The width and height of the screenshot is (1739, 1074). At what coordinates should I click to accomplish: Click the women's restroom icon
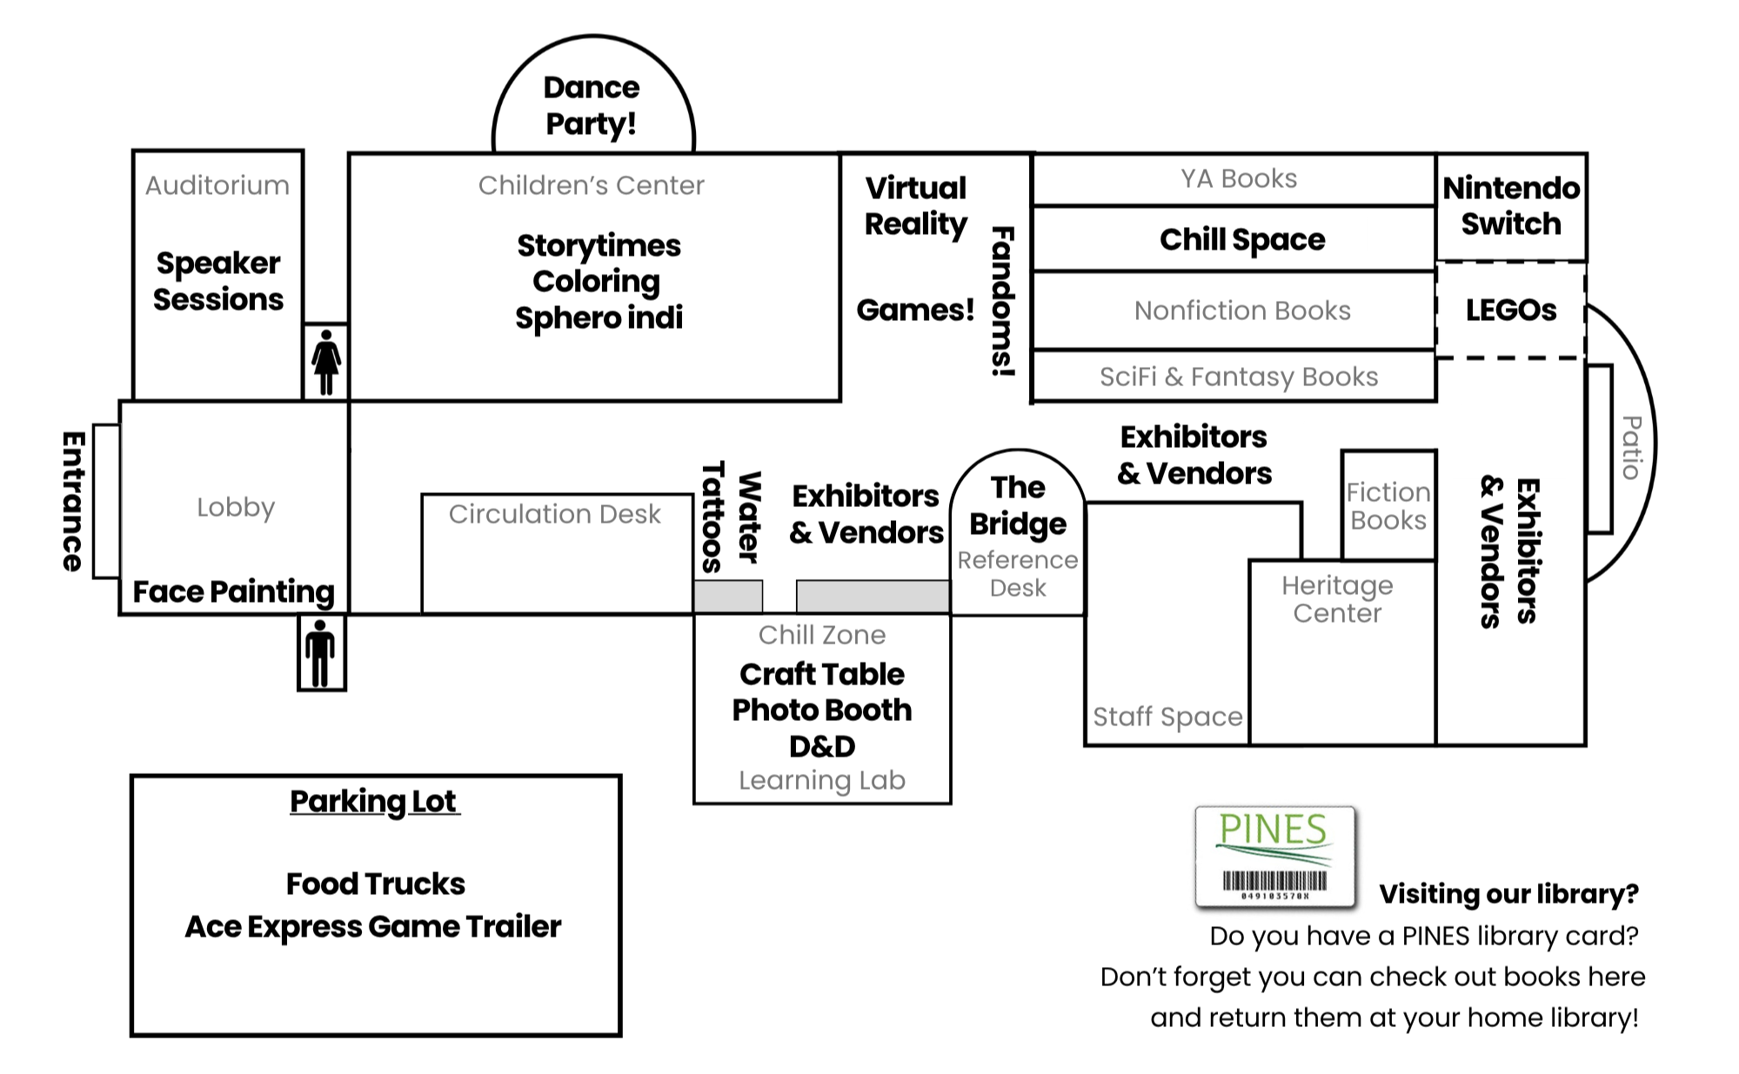point(326,362)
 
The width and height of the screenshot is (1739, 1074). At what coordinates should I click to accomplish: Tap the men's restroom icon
point(321,652)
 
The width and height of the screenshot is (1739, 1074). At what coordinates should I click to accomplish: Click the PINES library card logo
point(1274,857)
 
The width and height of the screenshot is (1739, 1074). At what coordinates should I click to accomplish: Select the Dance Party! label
point(592,105)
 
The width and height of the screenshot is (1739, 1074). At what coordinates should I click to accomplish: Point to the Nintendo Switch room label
point(1511,206)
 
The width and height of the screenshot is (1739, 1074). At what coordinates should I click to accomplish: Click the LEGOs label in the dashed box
point(1511,310)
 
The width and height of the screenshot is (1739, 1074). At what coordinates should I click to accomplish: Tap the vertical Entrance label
point(74,501)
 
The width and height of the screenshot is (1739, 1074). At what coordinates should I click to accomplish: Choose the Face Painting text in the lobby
point(233,591)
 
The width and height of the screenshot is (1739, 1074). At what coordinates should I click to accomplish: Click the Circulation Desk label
point(554,514)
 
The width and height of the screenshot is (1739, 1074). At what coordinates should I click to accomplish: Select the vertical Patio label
point(1632,447)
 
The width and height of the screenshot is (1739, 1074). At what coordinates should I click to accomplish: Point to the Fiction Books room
point(1388,506)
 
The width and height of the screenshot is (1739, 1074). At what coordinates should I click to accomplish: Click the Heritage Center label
point(1337,599)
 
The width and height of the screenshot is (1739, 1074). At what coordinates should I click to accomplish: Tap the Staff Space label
point(1167,717)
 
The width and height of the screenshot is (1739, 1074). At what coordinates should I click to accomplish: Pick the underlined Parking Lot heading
point(374,801)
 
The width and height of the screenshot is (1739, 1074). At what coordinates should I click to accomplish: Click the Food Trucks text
point(375,884)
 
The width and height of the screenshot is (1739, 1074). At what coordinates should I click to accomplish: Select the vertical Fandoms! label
point(1003,301)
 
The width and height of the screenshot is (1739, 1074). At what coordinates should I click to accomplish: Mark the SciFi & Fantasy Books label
point(1239,377)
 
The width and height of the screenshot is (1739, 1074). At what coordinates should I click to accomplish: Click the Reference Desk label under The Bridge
point(1018,574)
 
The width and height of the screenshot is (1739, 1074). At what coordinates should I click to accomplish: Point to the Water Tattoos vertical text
point(732,517)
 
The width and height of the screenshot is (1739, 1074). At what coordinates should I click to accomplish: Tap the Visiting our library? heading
point(1508,894)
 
